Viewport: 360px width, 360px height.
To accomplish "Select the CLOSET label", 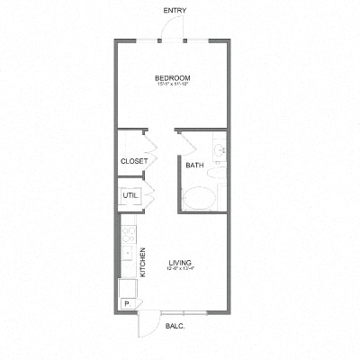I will (134, 162).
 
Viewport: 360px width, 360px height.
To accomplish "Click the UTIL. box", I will (130, 195).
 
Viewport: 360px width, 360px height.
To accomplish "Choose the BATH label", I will (194, 166).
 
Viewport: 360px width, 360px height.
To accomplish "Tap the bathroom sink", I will (219, 149).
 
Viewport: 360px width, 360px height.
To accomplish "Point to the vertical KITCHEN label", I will (141, 263).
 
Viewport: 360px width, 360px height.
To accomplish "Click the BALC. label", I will (176, 326).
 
